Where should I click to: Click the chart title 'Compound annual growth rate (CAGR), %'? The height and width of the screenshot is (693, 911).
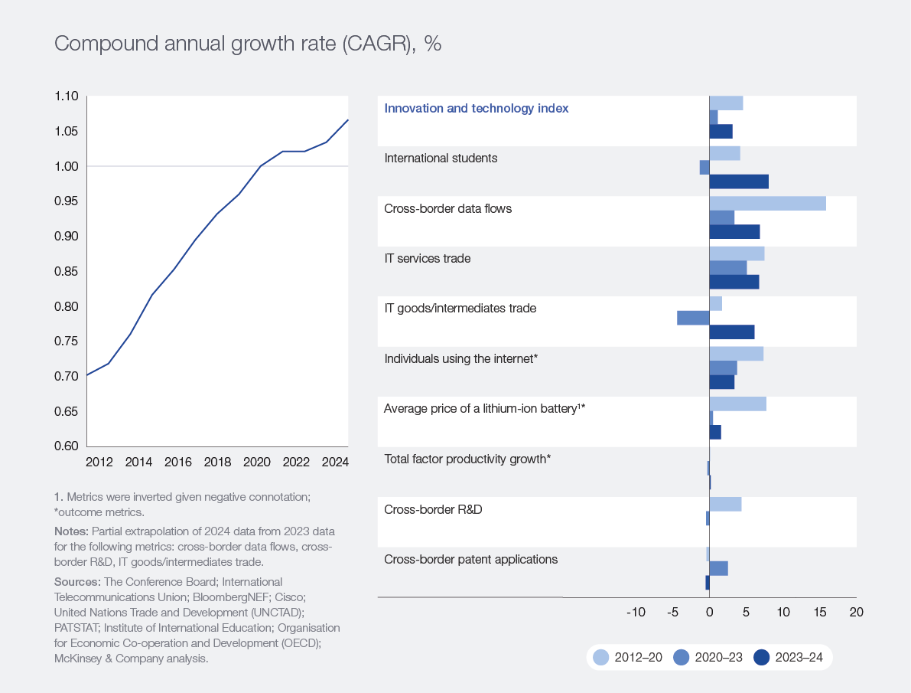pos(247,44)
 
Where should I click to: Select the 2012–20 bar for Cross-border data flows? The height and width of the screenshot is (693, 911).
pos(767,203)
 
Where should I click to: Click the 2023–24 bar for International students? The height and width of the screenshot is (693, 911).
pos(739,181)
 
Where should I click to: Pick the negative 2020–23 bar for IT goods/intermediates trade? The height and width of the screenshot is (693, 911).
pos(693,317)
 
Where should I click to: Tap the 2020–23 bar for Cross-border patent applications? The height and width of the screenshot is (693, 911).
pos(718,568)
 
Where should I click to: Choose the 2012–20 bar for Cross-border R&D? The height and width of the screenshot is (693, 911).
pos(725,504)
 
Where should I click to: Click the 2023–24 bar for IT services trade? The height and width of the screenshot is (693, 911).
pos(734,282)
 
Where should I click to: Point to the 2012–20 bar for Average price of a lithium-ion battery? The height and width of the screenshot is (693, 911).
pos(737,404)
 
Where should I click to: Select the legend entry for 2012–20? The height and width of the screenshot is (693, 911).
pos(629,657)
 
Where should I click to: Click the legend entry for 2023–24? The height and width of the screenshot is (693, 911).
pos(792,657)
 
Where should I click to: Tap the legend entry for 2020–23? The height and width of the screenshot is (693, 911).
pos(709,657)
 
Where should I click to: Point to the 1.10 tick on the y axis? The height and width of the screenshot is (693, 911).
pos(67,96)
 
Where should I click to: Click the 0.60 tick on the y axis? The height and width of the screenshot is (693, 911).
pos(67,446)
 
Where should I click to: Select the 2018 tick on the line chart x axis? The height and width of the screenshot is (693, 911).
pos(217,463)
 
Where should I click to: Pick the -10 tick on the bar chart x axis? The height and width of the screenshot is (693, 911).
pos(636,613)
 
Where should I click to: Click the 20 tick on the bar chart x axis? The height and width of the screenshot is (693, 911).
pos(856,613)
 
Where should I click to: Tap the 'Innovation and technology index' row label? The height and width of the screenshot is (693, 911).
pos(476,109)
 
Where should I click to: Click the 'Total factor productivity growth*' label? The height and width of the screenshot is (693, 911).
pos(467,459)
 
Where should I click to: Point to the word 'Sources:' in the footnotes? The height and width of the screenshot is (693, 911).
pos(76,582)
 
